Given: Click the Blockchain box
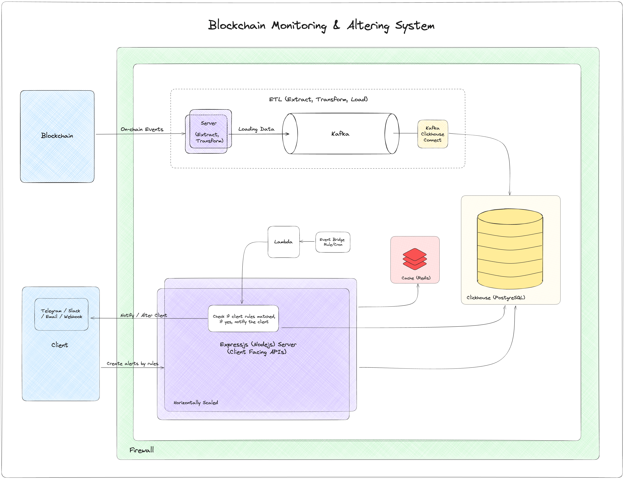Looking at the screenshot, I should click(57, 136).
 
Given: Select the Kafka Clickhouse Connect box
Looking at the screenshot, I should click(432, 134).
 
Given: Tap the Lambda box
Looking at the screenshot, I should click(283, 242).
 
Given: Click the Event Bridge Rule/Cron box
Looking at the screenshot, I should click(332, 242).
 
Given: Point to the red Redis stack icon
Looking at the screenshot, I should click(415, 259).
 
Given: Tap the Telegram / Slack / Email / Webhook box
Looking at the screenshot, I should click(61, 314).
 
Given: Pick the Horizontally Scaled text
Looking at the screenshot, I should click(196, 402).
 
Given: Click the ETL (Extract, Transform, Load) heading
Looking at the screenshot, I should click(318, 99).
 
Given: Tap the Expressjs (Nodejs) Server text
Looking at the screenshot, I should click(258, 344).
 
